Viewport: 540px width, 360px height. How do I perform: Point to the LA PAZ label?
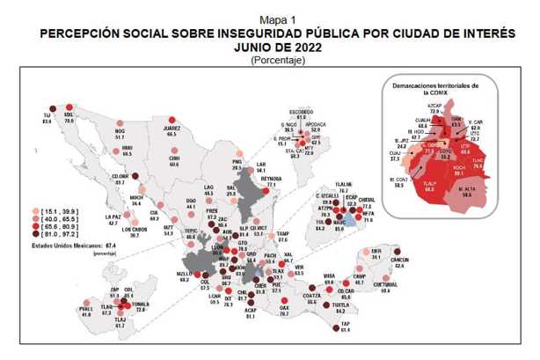click(x=113, y=217)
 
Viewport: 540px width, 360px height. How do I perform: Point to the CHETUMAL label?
click(x=385, y=284)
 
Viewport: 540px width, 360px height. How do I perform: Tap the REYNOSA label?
click(x=271, y=179)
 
